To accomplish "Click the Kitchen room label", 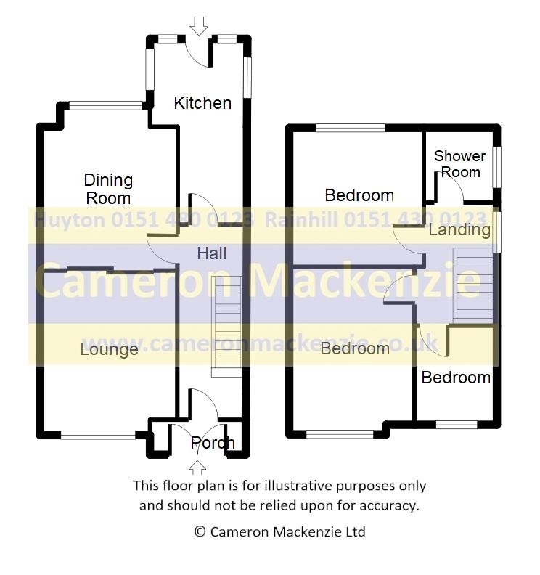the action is click(x=202, y=103).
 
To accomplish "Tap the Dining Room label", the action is click(x=108, y=189).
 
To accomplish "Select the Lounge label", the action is click(x=110, y=349).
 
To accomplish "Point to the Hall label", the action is click(x=211, y=253).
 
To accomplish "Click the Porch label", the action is click(x=213, y=444).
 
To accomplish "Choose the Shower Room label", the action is click(x=460, y=164).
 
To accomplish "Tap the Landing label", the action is click(x=459, y=230).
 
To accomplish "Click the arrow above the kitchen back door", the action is click(x=199, y=26).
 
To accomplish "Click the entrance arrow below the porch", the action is click(x=197, y=468).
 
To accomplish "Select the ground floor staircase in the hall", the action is click(x=226, y=327).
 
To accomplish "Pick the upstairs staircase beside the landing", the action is click(x=473, y=285).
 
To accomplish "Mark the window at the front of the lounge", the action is click(x=98, y=435).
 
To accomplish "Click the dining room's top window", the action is click(x=105, y=105).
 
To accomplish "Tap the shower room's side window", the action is click(x=496, y=167).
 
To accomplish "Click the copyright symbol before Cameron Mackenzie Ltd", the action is click(x=200, y=531).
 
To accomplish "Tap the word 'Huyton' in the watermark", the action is click(x=70, y=221).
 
